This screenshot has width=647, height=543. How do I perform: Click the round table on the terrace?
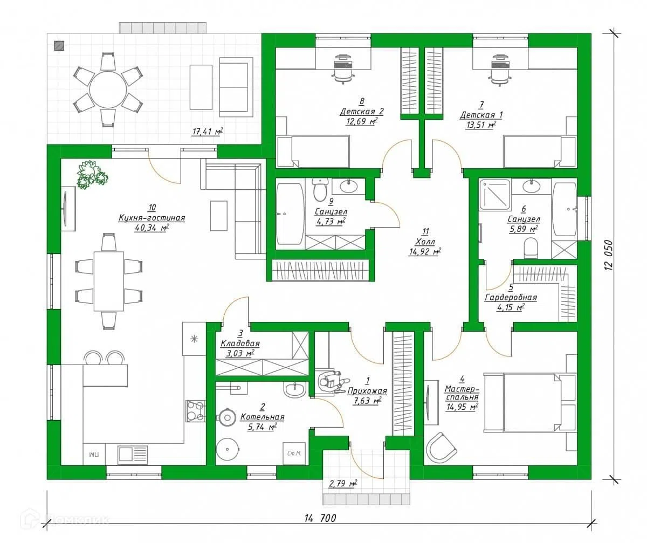(108, 90)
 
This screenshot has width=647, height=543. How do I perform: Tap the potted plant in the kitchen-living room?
(92, 175)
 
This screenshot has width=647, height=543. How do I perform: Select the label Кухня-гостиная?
(152, 218)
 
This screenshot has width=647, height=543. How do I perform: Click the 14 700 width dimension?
(320, 518)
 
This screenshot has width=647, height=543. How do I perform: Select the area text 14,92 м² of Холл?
(425, 251)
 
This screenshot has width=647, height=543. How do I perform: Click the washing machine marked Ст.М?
(294, 453)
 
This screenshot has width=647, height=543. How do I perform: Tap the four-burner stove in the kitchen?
(195, 411)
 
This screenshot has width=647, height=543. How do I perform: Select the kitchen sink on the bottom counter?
(133, 455)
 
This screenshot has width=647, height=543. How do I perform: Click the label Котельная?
(262, 417)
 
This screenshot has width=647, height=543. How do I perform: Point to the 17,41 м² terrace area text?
(207, 132)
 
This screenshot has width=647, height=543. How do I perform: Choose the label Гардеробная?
(511, 298)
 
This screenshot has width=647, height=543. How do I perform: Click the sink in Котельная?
(294, 389)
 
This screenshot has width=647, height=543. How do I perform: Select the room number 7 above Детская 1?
(481, 105)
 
